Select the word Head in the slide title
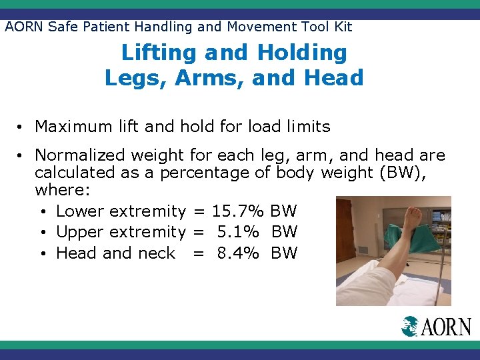pyautogui.click(x=333, y=78)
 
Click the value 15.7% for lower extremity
pyautogui.click(x=238, y=211)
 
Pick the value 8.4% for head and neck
pyautogui.click(x=237, y=253)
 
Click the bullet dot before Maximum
pyautogui.click(x=22, y=127)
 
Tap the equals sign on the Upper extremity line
pyautogui.click(x=197, y=233)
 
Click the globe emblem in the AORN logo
pyautogui.click(x=411, y=326)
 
